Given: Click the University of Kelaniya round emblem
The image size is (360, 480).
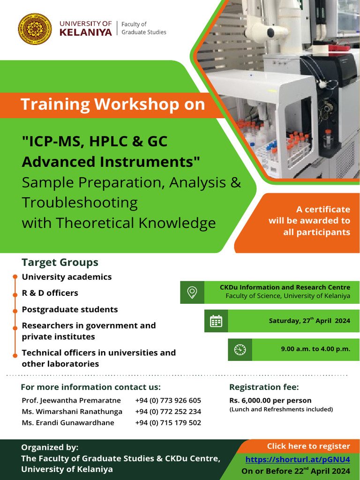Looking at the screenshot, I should click(35, 29).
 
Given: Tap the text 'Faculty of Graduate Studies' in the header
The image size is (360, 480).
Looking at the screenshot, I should click(143, 28).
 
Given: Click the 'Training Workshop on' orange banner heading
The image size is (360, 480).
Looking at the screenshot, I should click(113, 104).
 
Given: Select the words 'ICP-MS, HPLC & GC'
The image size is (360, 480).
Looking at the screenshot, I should click(95, 141).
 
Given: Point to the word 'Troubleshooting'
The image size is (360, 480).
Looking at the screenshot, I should click(80, 202).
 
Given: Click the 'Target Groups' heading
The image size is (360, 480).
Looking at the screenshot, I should click(60, 262).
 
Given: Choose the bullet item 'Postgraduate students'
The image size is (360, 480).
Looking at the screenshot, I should click(70, 309).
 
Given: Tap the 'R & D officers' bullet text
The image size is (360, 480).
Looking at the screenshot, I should click(50, 293).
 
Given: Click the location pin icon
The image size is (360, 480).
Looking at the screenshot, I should click(192, 292).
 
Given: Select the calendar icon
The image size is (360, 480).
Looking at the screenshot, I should click(216, 321).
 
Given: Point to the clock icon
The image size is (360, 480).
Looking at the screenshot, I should click(240, 349).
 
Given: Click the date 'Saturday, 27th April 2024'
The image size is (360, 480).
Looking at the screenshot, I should click(309, 321).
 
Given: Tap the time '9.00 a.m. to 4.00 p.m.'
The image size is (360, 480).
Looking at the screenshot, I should click(315, 349).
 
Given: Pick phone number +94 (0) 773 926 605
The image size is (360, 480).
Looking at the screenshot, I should click(168, 400).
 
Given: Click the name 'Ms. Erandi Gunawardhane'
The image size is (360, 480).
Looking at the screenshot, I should click(68, 422).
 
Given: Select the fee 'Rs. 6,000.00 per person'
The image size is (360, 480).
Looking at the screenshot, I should click(270, 400).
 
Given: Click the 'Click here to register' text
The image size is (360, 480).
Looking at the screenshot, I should click(308, 446).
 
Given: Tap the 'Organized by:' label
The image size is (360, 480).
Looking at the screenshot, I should click(50, 447).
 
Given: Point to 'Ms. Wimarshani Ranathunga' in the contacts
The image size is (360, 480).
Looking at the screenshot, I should click(72, 412).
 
